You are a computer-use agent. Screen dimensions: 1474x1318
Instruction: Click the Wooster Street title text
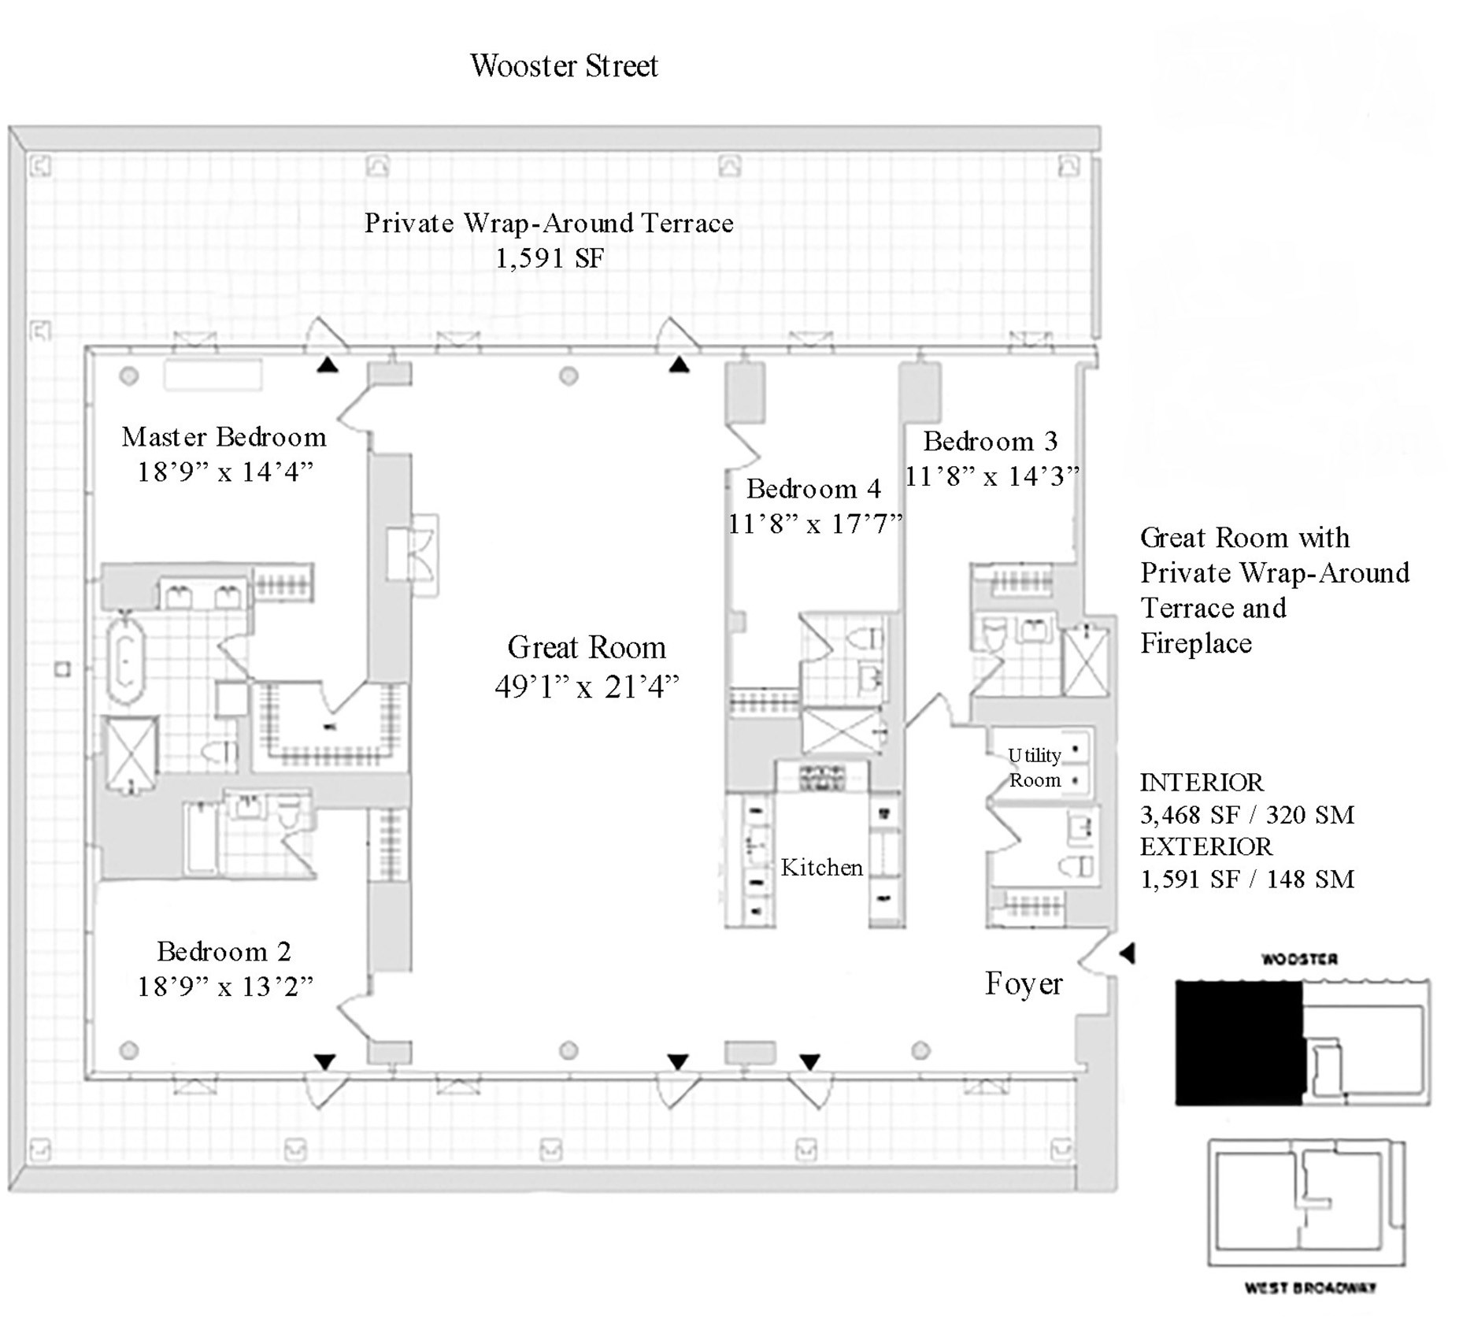pyautogui.click(x=564, y=66)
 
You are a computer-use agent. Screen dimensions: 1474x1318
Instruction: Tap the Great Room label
pyautogui.click(x=587, y=648)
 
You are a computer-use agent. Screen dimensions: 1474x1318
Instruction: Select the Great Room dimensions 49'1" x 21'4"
pyautogui.click(x=587, y=687)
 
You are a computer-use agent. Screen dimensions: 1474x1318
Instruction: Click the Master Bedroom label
pyautogui.click(x=224, y=437)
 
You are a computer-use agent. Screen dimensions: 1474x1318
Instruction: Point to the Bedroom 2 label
pyautogui.click(x=224, y=952)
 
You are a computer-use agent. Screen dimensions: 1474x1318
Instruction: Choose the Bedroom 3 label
pyautogui.click(x=990, y=442)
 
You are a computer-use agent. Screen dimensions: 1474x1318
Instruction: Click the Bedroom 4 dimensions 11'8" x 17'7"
pyautogui.click(x=814, y=524)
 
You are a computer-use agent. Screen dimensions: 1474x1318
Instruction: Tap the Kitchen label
pyautogui.click(x=821, y=868)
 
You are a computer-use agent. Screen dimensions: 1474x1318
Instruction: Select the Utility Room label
pyautogui.click(x=1035, y=768)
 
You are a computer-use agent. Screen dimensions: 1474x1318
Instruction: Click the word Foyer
pyautogui.click(x=1024, y=984)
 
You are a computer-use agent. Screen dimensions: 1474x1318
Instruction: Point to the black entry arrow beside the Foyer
pyautogui.click(x=1128, y=953)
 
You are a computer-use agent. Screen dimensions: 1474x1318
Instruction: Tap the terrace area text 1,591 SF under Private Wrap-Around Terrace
pyautogui.click(x=550, y=258)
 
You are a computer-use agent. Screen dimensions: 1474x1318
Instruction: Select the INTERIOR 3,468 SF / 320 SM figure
pyautogui.click(x=1246, y=815)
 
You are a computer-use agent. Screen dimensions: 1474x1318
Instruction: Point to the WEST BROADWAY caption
pyautogui.click(x=1309, y=1288)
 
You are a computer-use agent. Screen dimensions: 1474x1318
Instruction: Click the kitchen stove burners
pyautogui.click(x=822, y=778)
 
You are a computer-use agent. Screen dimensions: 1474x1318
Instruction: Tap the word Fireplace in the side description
pyautogui.click(x=1195, y=644)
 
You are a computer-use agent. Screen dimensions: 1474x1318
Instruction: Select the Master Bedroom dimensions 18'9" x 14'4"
pyautogui.click(x=225, y=472)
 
